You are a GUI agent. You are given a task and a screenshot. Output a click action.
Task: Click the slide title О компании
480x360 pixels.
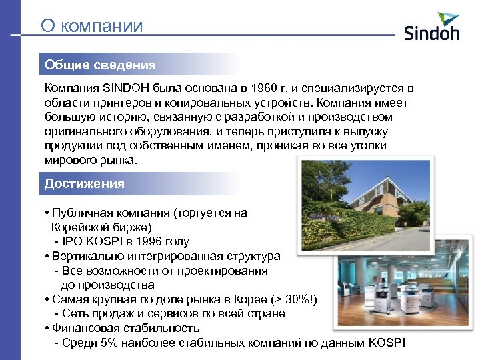point(91,26)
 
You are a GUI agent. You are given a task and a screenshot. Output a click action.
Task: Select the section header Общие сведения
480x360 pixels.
point(100,65)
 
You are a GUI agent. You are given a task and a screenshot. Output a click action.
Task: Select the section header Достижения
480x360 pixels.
point(85,183)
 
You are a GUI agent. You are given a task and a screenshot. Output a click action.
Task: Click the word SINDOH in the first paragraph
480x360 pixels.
point(127,89)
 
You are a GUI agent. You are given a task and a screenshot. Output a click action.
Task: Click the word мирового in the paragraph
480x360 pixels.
point(69,161)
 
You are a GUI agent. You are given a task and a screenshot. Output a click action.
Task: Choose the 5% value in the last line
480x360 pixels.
point(107,343)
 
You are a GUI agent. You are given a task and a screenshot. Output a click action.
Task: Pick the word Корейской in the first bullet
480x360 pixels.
point(79,227)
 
